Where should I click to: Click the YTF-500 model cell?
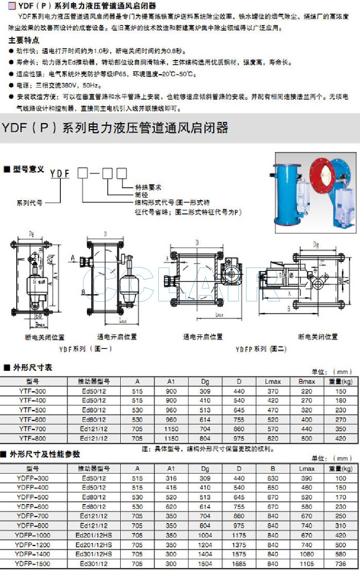pos(33,410)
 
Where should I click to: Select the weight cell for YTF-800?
pos(341,438)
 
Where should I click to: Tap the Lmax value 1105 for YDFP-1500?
pos(306,564)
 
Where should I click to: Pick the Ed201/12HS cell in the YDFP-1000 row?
pos(94,535)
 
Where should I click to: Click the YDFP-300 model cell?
pos(33,478)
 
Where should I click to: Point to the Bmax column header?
pos(306,382)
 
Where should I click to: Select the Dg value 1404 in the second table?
pos(205,554)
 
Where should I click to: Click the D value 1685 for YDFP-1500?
pos(239,564)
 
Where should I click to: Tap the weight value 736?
pos(341,564)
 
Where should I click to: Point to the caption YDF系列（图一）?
pos(85,348)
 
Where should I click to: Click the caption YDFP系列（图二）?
pos(261,349)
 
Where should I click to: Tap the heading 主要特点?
pos(24,40)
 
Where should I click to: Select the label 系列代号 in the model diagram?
pos(29,203)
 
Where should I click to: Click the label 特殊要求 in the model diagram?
pos(148,187)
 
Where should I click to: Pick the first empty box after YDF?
pos(82,173)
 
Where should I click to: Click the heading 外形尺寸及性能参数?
pos(45,454)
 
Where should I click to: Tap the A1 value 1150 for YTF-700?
pos(171,429)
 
